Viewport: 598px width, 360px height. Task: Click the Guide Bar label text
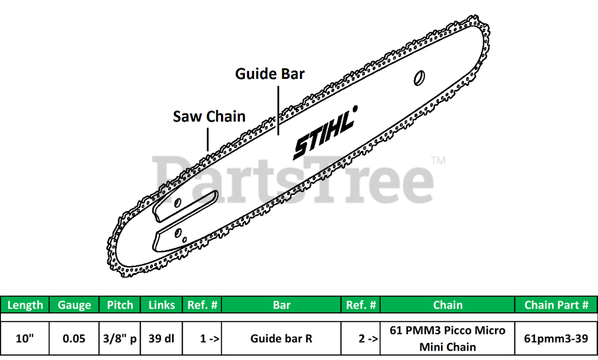tap(270, 74)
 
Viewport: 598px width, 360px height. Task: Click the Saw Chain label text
tap(209, 116)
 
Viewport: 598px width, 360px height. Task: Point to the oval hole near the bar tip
tap(419, 78)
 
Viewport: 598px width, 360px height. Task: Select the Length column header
tap(25, 305)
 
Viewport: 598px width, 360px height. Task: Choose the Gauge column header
tap(74, 305)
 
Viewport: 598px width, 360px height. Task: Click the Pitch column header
tap(120, 305)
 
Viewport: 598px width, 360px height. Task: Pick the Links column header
tap(162, 305)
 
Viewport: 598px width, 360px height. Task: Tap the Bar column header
tap(282, 305)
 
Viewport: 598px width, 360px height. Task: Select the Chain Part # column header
tap(556, 305)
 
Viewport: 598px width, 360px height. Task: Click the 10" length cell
tap(25, 339)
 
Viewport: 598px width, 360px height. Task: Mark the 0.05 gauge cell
tap(74, 339)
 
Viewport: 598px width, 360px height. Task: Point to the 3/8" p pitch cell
tap(120, 339)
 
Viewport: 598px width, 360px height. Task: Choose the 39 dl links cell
tap(162, 339)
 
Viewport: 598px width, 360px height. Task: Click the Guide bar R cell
tap(282, 339)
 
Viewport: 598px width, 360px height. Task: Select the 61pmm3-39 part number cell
tap(556, 339)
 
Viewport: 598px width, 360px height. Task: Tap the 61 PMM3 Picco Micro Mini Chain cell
tap(448, 339)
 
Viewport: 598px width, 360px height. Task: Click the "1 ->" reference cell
tap(202, 339)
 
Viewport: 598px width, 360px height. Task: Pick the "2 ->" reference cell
tap(361, 339)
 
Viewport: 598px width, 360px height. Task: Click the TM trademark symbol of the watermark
tap(438, 161)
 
